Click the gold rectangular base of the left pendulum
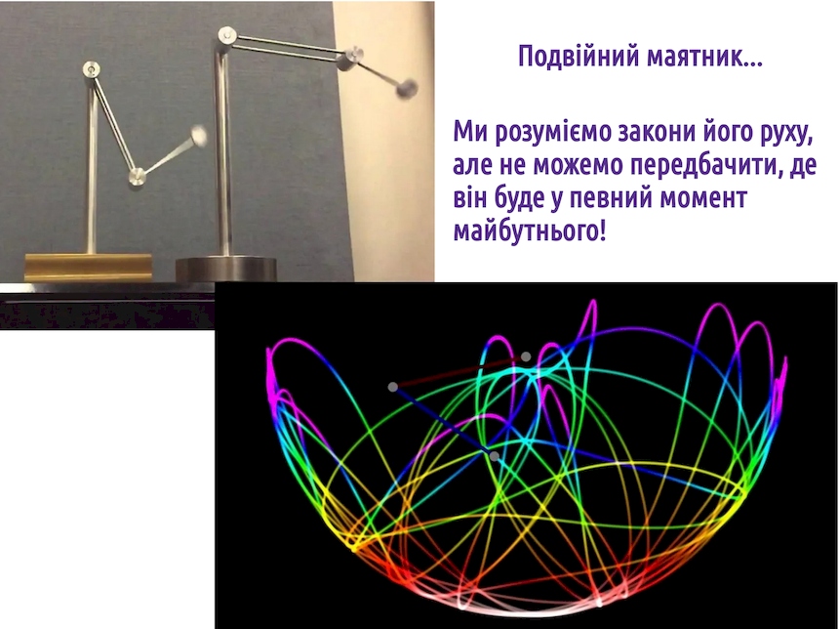point(89,267)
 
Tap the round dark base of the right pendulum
point(226,269)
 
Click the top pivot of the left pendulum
point(92,69)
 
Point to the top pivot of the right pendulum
point(227,35)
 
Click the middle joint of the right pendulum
point(351,56)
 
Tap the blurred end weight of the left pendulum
point(199,135)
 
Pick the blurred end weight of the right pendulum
point(408,88)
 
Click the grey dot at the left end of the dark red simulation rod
point(393,387)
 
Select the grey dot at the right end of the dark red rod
point(526,356)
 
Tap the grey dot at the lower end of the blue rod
point(495,456)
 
